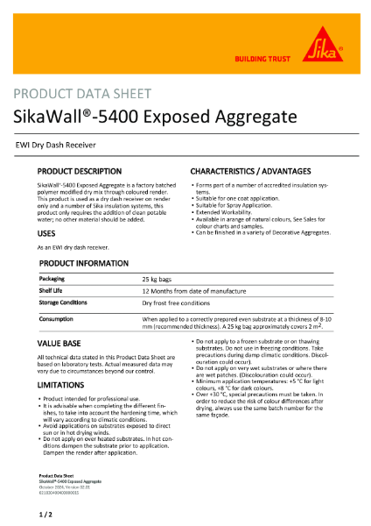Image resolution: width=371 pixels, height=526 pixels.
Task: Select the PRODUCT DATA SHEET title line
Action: point(85,94)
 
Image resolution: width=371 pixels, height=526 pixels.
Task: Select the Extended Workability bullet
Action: point(230,211)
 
